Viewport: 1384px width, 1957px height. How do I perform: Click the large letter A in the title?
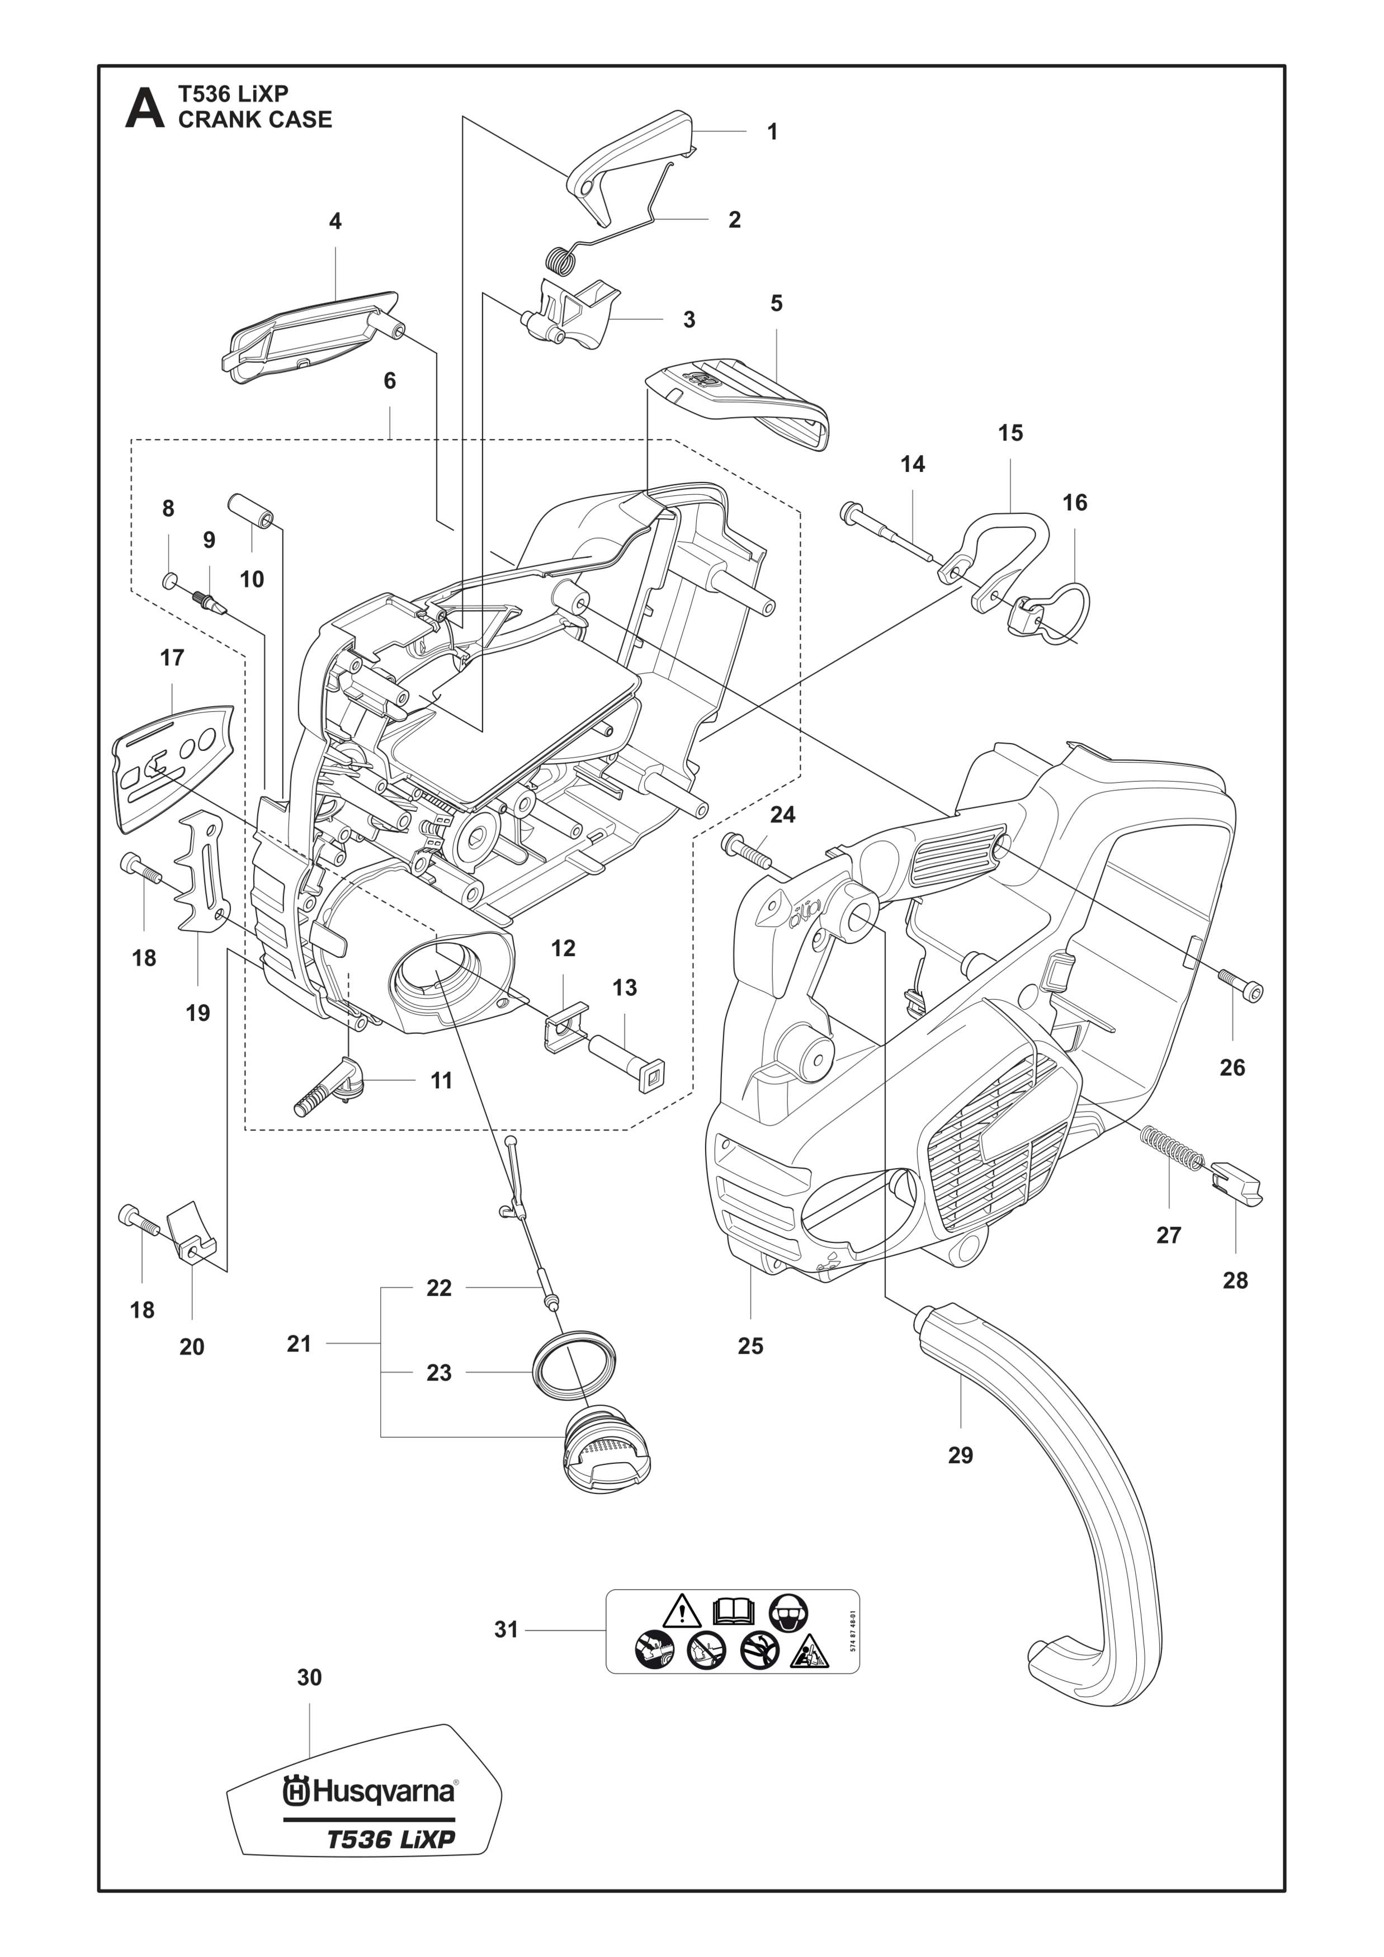point(144,108)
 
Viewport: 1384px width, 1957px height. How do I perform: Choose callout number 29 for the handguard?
point(961,1454)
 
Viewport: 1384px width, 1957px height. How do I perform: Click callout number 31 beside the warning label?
point(506,1629)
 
